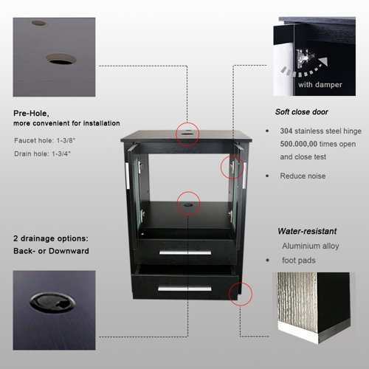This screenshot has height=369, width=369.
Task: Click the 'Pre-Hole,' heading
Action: click(x=31, y=114)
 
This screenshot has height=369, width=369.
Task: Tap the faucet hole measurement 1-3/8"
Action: click(x=66, y=140)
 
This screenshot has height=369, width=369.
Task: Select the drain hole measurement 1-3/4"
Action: click(x=61, y=154)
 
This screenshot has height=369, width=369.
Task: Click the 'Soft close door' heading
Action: click(x=302, y=112)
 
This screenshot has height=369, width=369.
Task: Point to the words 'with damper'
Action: click(x=320, y=85)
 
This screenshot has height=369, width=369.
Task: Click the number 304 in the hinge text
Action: click(x=286, y=131)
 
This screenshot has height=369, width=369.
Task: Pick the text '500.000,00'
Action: click(x=299, y=144)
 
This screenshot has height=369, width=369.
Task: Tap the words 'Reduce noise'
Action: click(x=303, y=176)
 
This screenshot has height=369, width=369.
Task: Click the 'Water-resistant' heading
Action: click(x=307, y=231)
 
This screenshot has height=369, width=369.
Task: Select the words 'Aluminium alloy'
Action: click(x=311, y=246)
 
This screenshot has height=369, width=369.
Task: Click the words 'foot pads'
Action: click(x=299, y=261)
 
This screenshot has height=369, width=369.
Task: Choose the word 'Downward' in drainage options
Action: click(x=69, y=251)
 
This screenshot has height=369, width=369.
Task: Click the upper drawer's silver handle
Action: click(x=185, y=253)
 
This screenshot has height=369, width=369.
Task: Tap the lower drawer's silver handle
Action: click(x=184, y=289)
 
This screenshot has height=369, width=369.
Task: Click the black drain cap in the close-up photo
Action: click(x=52, y=303)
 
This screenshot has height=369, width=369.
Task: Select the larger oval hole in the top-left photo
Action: click(x=61, y=59)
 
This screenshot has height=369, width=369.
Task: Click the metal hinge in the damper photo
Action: click(x=304, y=58)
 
